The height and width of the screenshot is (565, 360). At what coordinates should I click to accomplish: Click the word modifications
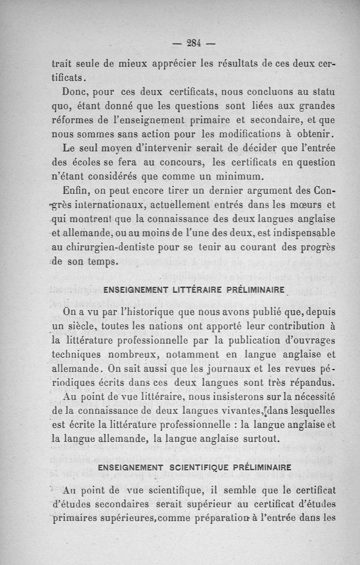(243, 134)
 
